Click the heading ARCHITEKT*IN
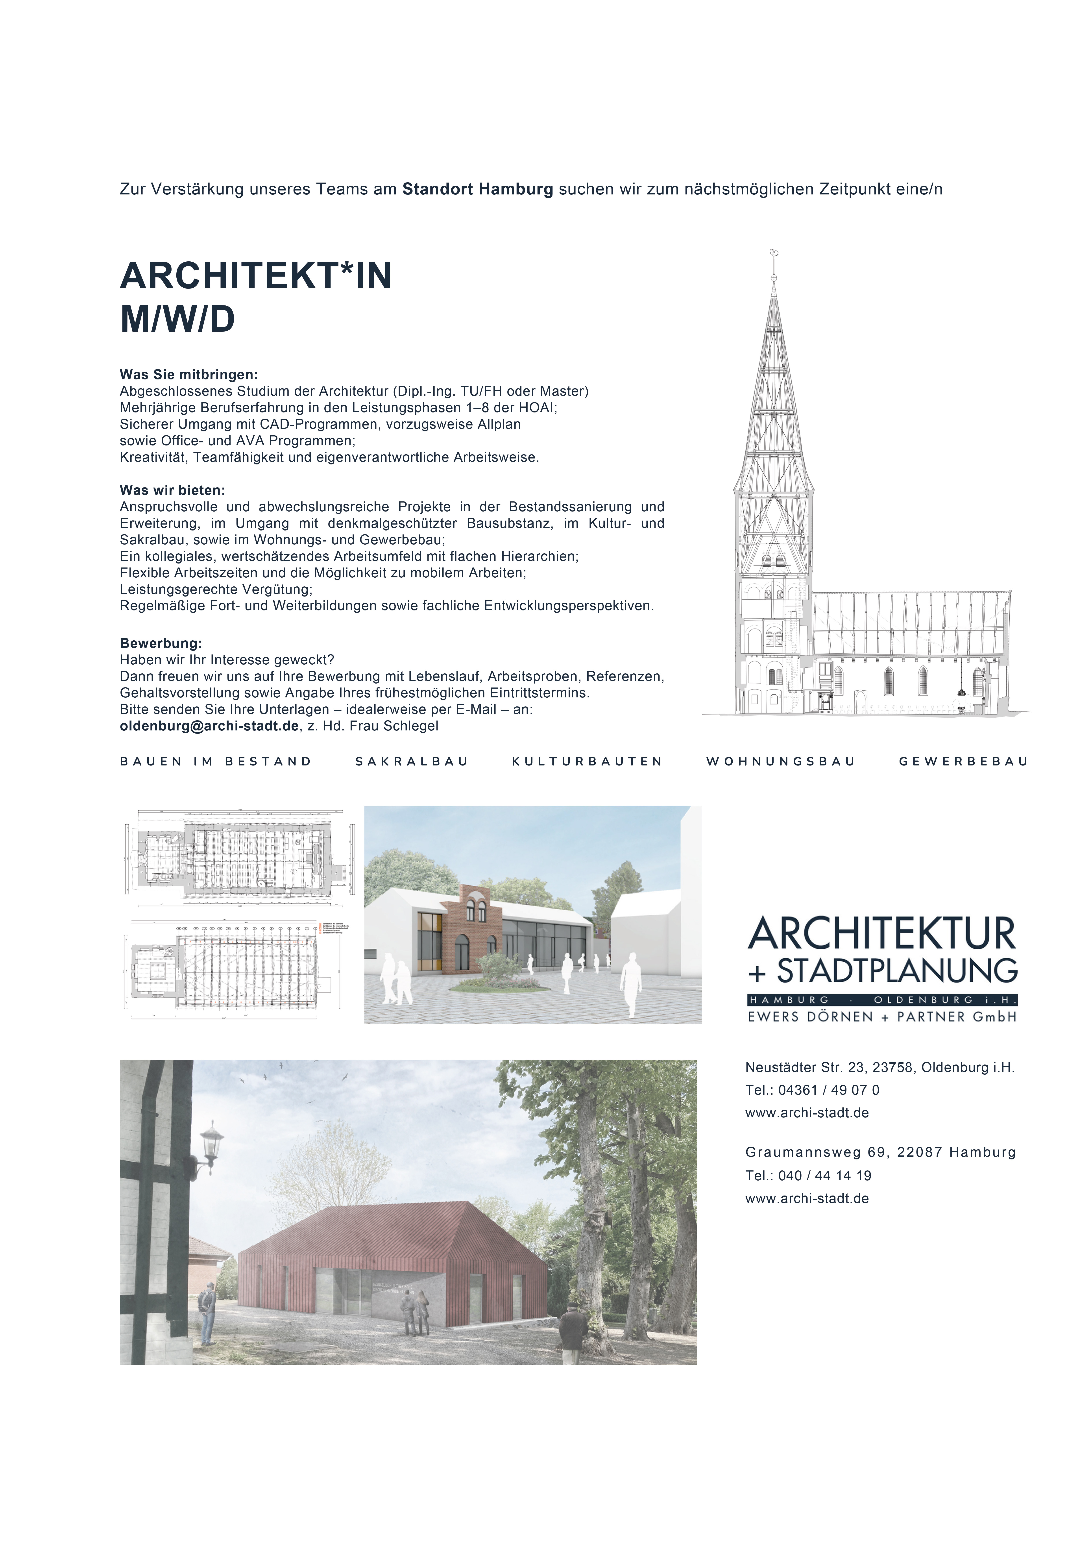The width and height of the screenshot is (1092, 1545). [x=256, y=276]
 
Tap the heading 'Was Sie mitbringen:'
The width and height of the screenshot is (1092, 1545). [x=188, y=375]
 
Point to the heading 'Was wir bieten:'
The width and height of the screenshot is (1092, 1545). [x=172, y=491]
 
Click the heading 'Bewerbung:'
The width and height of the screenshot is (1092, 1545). [x=161, y=643]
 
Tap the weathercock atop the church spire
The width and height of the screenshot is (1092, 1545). [x=774, y=254]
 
